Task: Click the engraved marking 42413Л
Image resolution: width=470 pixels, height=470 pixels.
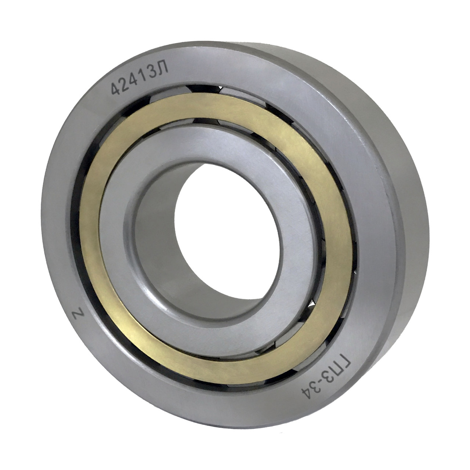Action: [140, 78]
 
